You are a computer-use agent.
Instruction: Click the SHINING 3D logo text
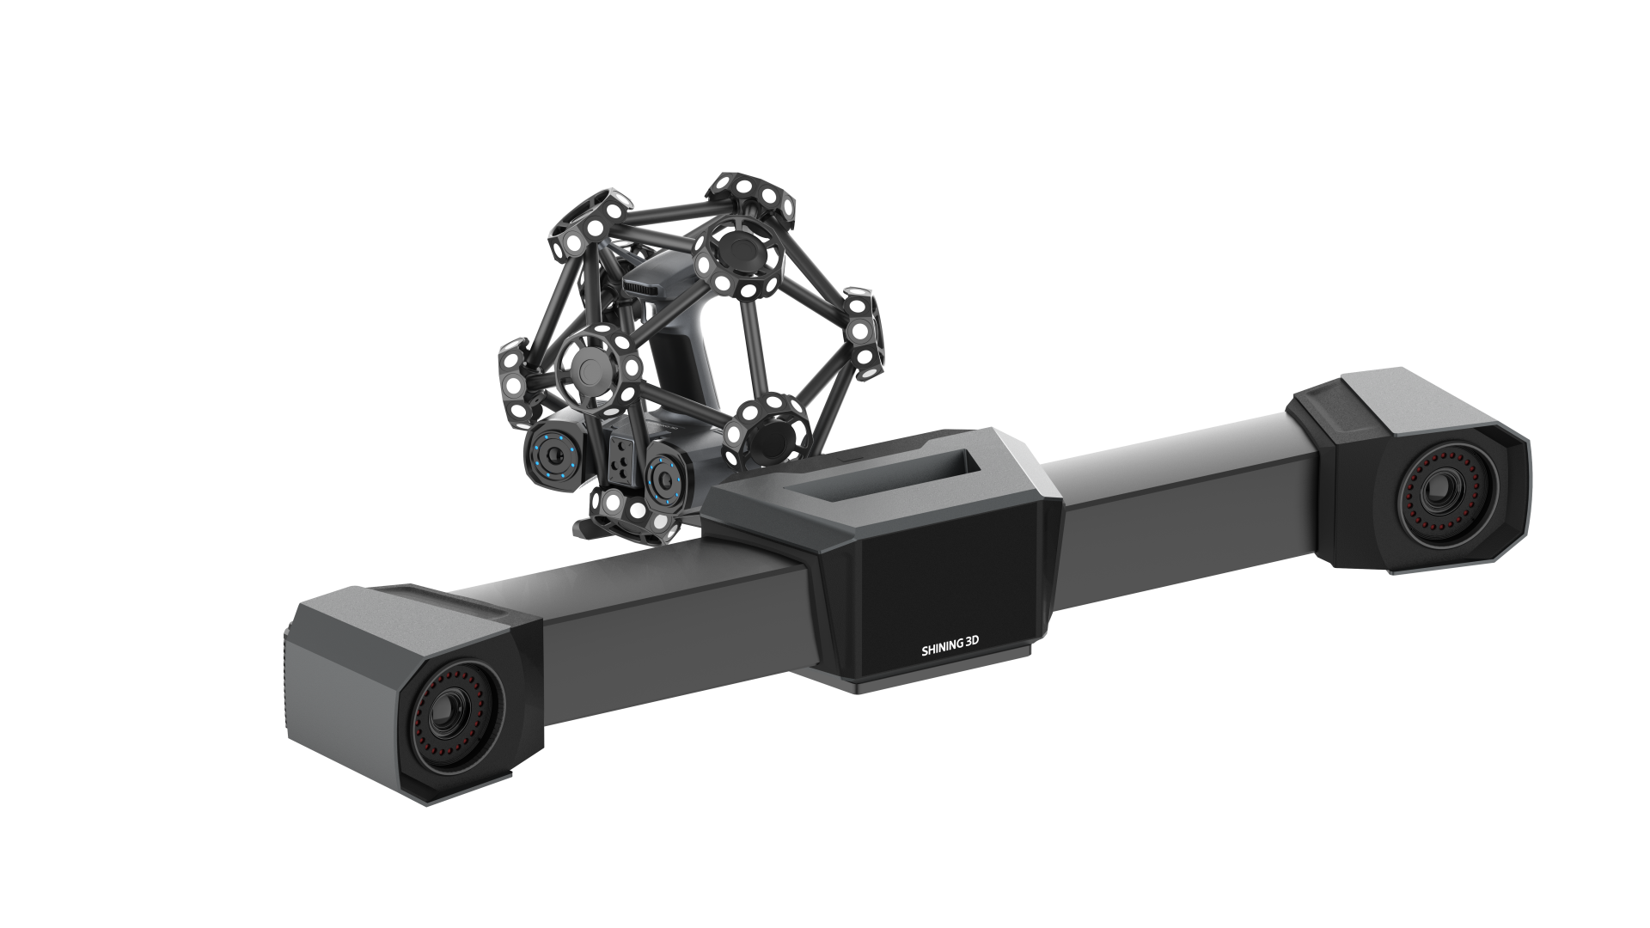click(955, 651)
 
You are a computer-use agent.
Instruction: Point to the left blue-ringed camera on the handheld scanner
click(551, 454)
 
